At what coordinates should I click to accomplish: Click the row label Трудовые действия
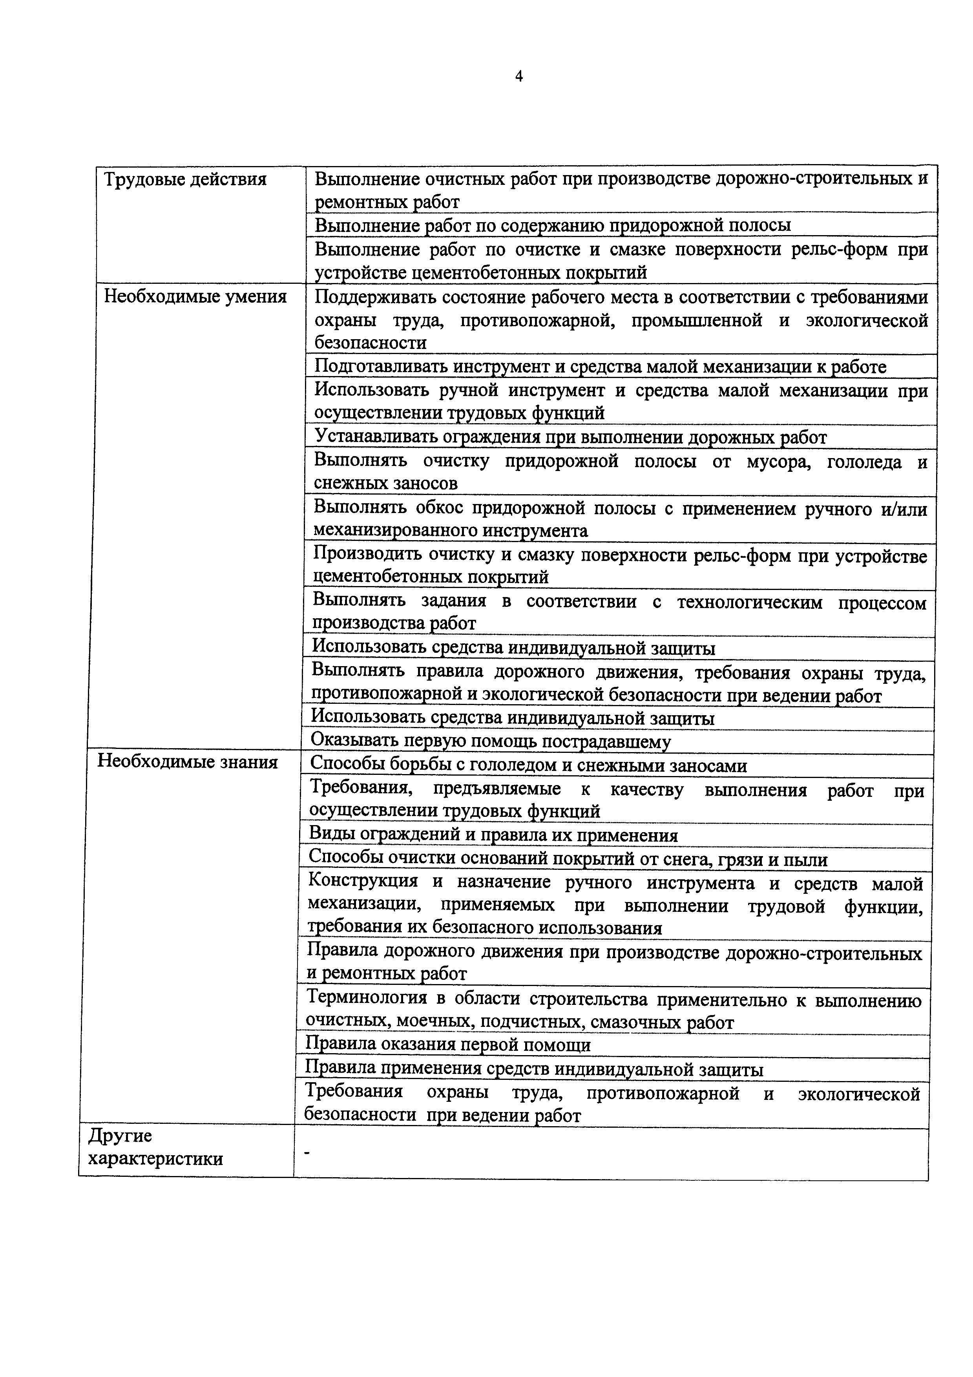tap(185, 179)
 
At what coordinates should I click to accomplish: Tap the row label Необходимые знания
tap(188, 762)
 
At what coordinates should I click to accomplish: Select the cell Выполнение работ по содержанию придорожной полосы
tap(552, 225)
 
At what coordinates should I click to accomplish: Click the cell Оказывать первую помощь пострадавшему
tap(490, 742)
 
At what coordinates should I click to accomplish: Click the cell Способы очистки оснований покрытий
tap(567, 859)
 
